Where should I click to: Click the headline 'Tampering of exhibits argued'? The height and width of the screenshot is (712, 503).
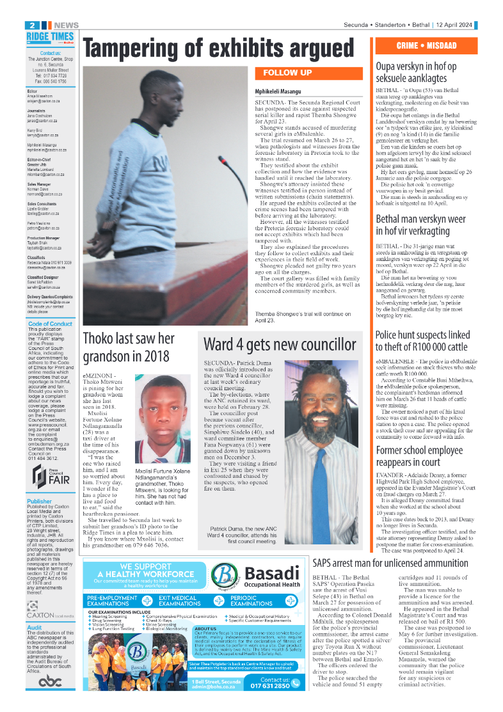(219, 49)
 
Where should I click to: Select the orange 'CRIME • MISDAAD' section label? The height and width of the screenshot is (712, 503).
(426, 46)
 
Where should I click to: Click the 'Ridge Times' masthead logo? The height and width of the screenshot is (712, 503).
(50, 37)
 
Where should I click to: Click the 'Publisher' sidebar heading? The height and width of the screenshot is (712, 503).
(40, 502)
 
